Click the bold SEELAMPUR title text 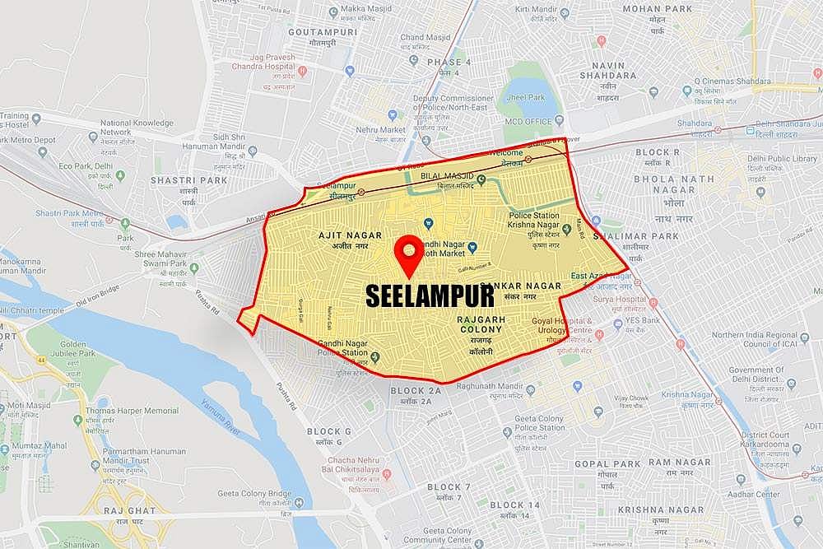pyautogui.click(x=430, y=295)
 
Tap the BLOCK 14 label pyautogui.click(x=514, y=505)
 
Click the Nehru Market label pyautogui.click(x=382, y=129)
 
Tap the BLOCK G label pyautogui.click(x=329, y=431)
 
